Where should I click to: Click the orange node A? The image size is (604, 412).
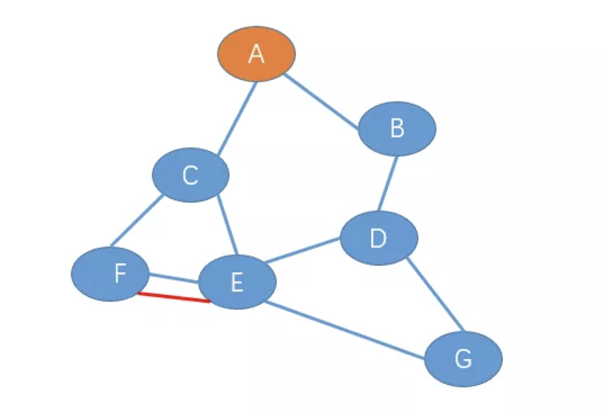[x=256, y=53]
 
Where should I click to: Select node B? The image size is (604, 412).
[x=397, y=128]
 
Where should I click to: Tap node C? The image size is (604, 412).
[x=191, y=175]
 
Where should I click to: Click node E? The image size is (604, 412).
[x=237, y=281]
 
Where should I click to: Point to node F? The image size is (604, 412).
[x=110, y=274]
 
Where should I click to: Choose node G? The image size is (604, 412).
[x=463, y=359]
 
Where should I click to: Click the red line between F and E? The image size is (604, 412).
[x=174, y=297]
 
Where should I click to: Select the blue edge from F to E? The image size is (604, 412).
[x=174, y=277]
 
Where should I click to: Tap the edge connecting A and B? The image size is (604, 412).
[x=322, y=102]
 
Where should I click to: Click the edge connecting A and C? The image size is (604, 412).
[x=237, y=118]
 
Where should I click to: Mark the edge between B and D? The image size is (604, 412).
[x=388, y=183]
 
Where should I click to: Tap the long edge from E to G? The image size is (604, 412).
[x=344, y=330]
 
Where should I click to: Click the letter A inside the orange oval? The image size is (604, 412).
[x=256, y=55]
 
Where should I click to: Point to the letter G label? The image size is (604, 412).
[x=463, y=359]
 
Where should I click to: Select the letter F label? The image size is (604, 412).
[x=120, y=274]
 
